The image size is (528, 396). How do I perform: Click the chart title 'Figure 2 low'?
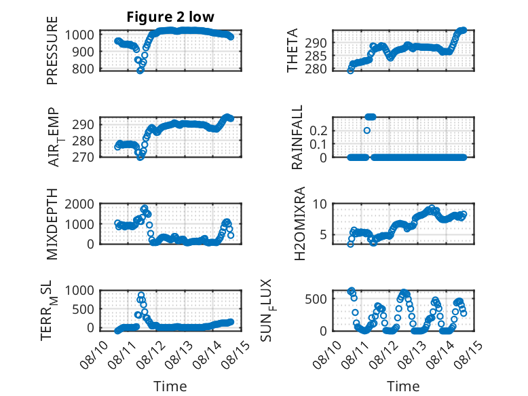170,16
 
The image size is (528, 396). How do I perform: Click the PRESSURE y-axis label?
52,50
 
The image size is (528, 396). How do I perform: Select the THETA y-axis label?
293,50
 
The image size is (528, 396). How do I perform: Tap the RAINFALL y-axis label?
297,137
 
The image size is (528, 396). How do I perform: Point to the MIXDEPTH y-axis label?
52,223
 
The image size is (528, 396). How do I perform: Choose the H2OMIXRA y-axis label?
299,223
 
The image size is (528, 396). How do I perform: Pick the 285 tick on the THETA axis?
316,56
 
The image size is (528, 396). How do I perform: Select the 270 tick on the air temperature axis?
83,157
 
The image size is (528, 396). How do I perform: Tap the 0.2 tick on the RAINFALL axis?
318,130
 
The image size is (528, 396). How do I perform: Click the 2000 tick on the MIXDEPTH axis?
79,204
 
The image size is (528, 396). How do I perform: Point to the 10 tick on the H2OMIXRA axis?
320,204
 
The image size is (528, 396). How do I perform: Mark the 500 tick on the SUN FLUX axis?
316,299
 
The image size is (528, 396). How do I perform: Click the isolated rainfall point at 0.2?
367,130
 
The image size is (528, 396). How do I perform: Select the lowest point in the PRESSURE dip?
140,71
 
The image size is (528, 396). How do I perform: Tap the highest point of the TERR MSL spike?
141,295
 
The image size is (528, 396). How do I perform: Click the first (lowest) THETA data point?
351,71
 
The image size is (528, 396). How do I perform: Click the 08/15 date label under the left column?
235,354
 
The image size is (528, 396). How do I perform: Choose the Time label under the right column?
403,386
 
